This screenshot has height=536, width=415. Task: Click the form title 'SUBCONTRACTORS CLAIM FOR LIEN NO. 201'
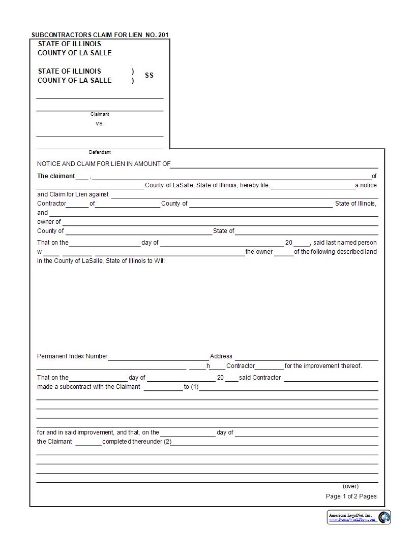(x=100, y=35)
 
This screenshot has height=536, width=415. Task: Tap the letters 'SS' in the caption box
(x=149, y=75)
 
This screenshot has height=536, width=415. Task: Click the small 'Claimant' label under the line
(x=100, y=114)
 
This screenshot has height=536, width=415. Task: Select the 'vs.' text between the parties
(x=100, y=123)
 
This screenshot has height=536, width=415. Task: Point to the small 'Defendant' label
(x=100, y=152)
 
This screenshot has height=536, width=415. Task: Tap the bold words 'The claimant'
(x=56, y=176)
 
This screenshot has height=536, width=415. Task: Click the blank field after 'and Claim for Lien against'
(x=244, y=195)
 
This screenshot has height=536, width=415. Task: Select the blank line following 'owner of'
(x=220, y=222)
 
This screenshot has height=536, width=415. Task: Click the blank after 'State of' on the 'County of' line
(x=307, y=231)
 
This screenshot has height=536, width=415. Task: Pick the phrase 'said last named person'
(x=345, y=243)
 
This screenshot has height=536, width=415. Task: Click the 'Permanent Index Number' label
(x=72, y=356)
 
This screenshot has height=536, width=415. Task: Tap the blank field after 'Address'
(x=306, y=357)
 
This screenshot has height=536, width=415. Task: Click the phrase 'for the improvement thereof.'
(x=323, y=366)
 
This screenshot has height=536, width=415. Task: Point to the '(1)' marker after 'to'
(x=195, y=387)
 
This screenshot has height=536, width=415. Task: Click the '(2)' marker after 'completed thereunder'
(x=167, y=442)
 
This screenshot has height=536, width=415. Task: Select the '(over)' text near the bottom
(x=350, y=486)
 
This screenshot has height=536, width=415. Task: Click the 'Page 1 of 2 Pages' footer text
(x=351, y=496)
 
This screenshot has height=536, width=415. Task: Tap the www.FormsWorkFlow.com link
(x=352, y=520)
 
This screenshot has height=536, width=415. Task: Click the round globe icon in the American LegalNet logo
(x=384, y=517)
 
